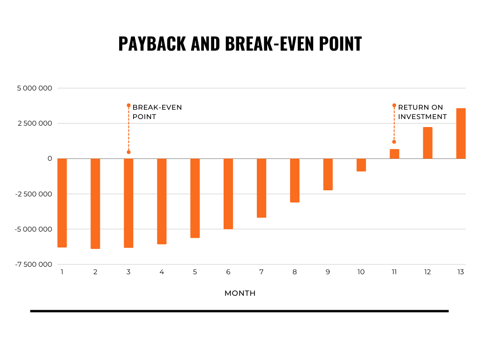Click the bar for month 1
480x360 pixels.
tap(62, 202)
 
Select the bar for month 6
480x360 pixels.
tap(228, 194)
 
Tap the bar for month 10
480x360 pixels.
tap(361, 165)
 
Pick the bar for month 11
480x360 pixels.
tap(394, 154)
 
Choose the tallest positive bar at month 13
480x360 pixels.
tap(461, 134)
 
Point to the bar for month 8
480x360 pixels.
tap(295, 180)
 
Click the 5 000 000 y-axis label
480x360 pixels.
tap(35, 88)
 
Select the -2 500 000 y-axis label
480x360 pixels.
tap(34, 194)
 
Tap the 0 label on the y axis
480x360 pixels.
tap(50, 158)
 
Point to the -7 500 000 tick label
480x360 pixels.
tap(34, 264)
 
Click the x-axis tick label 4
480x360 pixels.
tap(162, 272)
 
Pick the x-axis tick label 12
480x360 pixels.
tap(427, 272)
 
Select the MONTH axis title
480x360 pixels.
tap(240, 293)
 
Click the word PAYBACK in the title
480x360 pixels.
tap(152, 44)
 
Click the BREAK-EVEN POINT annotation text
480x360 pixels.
tap(157, 112)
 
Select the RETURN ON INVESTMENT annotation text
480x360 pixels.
tap(422, 112)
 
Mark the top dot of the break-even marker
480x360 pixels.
tap(128, 105)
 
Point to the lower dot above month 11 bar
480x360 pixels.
tap(394, 142)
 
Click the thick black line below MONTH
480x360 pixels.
tap(240, 311)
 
